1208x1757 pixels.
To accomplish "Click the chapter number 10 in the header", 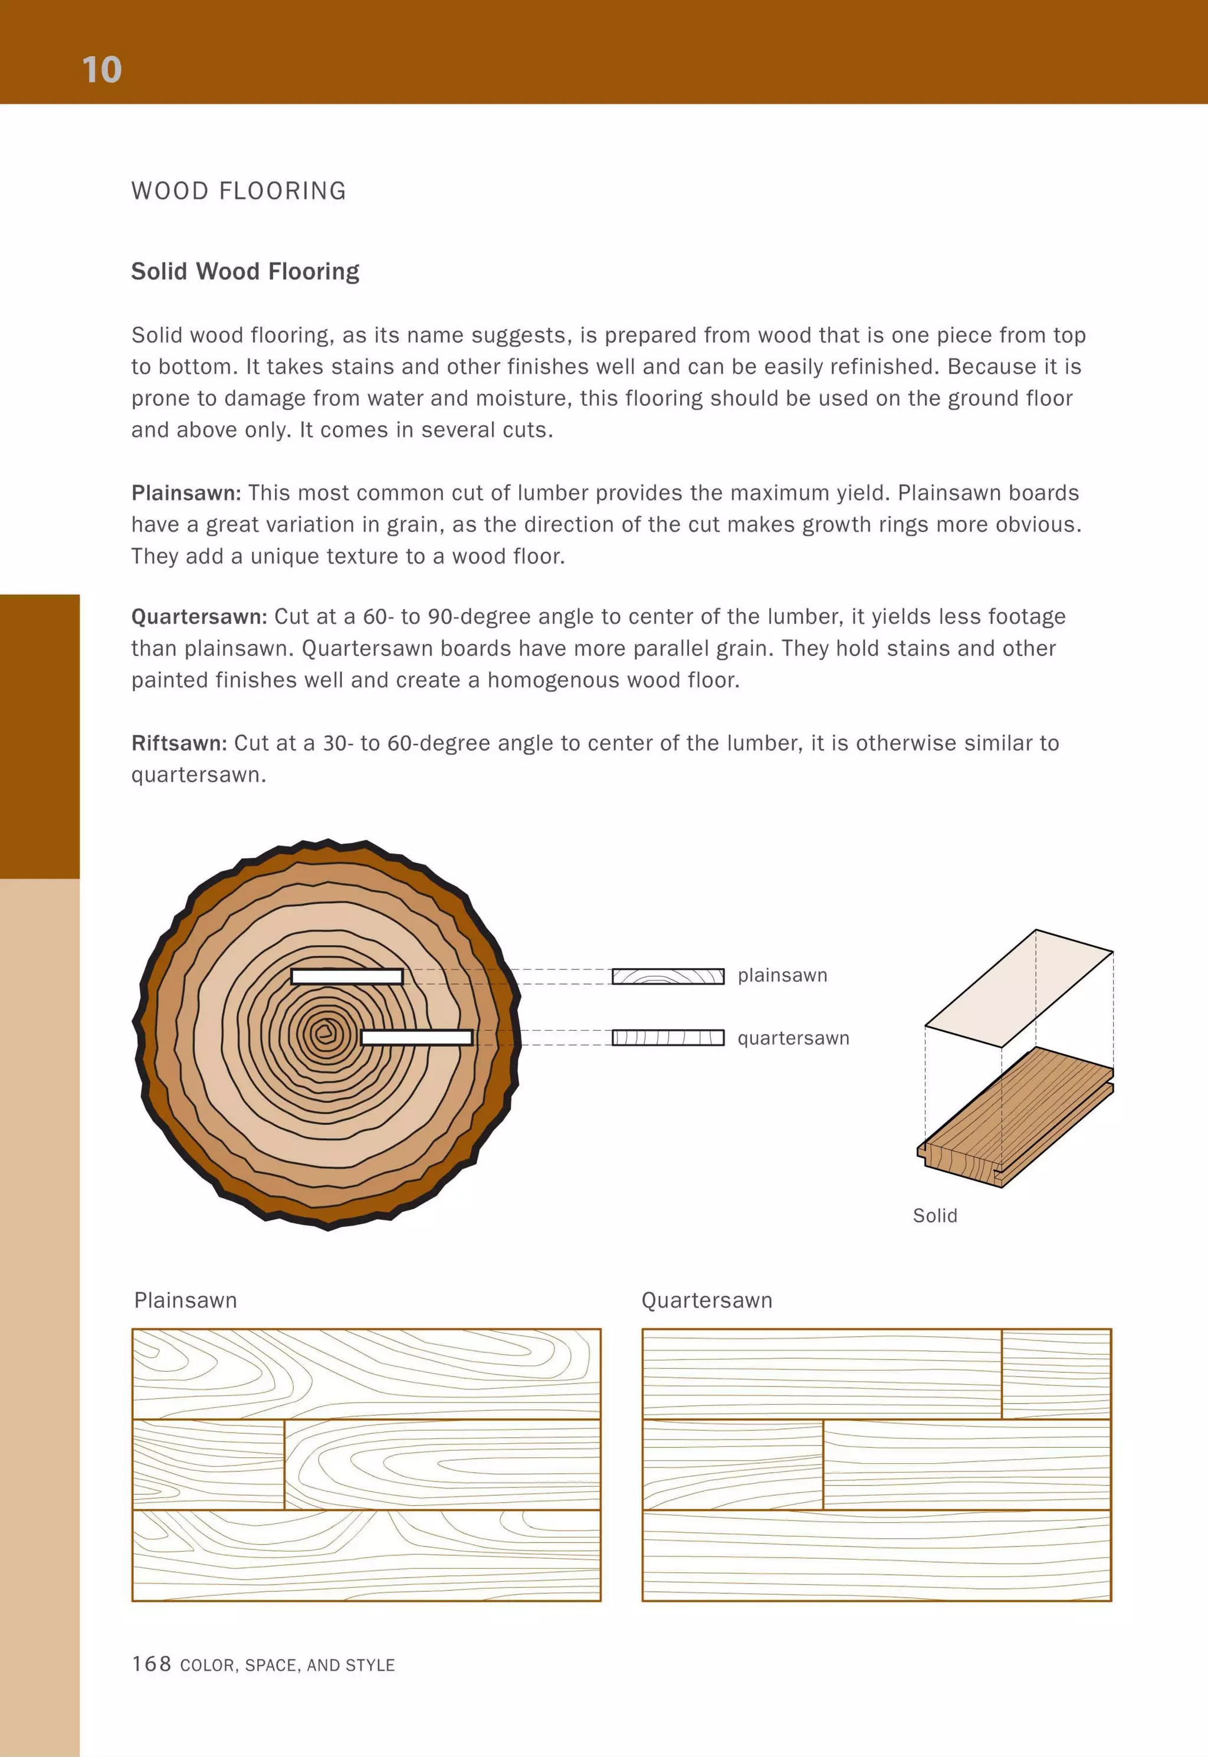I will pos(101,70).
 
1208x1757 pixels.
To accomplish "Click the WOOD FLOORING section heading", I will pos(238,191).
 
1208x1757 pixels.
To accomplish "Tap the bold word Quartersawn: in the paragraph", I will pos(199,616).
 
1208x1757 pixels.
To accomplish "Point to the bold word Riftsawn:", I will pos(179,743).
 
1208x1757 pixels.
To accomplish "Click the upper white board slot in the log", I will pos(347,976).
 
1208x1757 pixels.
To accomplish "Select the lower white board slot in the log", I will pos(416,1037).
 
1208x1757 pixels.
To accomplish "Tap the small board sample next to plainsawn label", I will pos(668,976).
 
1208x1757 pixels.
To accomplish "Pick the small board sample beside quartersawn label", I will pos(668,1038).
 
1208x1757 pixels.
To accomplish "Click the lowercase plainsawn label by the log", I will pos(782,975).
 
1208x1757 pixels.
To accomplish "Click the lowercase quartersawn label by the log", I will pos(793,1038).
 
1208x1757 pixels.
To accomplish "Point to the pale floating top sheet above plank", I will pos(1018,988).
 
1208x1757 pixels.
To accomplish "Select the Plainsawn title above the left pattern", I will pos(185,1300).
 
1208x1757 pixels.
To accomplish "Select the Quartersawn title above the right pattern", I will pos(706,1300).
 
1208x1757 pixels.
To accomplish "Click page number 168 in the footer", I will pos(152,1663).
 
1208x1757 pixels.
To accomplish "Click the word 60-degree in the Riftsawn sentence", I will pos(438,743).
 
